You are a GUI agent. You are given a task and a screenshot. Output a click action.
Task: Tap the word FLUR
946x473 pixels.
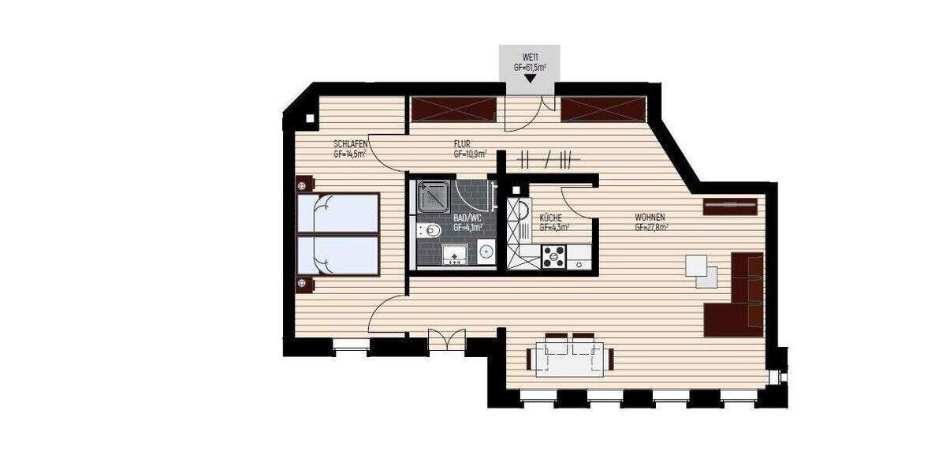461,144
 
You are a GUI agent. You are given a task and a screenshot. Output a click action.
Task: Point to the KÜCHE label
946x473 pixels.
549,217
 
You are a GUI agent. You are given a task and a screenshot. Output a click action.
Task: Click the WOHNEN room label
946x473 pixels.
651,217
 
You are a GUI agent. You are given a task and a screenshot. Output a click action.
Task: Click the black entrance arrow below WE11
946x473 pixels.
530,77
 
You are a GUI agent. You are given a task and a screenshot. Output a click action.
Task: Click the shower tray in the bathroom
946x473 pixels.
432,196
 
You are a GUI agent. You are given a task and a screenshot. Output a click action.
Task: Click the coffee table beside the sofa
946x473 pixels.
701,270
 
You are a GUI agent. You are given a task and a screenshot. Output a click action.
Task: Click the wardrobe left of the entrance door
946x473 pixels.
453,108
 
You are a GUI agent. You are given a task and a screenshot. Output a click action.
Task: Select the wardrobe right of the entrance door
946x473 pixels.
604,108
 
